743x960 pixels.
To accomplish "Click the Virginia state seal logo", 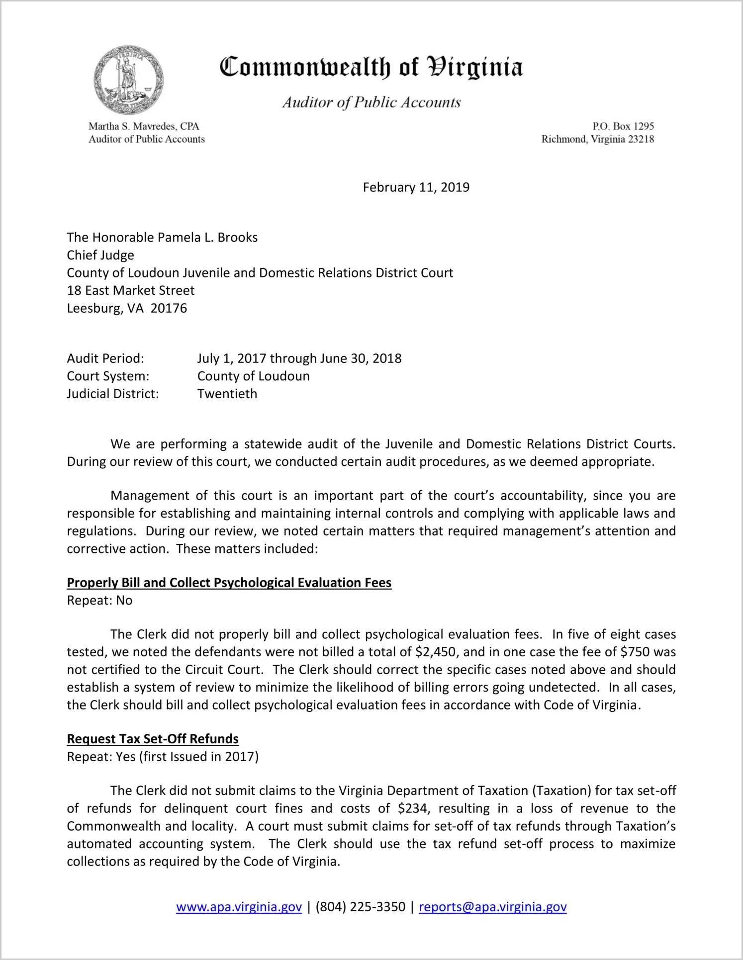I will point(128,81).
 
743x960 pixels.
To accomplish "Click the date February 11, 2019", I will point(416,187).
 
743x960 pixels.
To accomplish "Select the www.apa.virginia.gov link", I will point(239,907).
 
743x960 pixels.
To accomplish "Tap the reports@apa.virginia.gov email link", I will point(492,907).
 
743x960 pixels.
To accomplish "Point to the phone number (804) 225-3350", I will point(360,907).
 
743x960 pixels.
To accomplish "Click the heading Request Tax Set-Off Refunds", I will point(153,739).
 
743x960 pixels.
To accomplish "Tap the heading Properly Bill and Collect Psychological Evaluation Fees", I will point(229,583).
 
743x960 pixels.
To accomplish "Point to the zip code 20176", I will point(169,308).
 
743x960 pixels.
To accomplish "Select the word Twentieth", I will point(227,394).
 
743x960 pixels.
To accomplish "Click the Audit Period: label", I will point(105,358).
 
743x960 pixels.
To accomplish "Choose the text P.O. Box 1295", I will point(623,126).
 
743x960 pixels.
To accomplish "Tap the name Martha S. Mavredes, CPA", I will point(144,126).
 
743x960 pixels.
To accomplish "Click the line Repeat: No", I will point(99,601).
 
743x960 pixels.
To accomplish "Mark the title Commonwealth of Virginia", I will point(371,67).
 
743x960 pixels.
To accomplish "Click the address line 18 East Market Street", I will point(131,290).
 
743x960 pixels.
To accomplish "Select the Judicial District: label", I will point(113,394).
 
